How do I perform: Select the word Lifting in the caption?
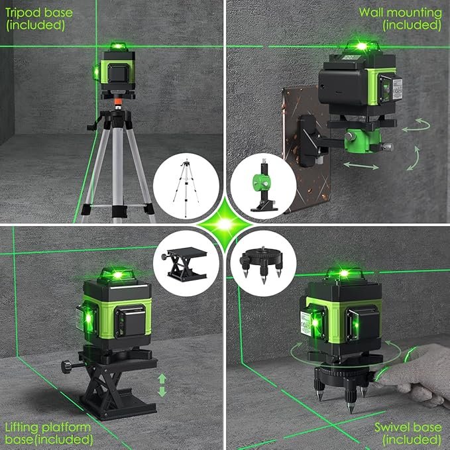[21, 428]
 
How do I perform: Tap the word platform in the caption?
[66, 428]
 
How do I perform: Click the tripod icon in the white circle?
[186, 187]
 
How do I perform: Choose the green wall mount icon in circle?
[264, 187]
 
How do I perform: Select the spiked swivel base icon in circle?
[262, 264]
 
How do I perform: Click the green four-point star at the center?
[225, 225]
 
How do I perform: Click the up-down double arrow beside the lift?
[162, 385]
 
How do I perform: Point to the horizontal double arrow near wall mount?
[361, 165]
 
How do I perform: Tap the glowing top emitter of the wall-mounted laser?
[362, 46]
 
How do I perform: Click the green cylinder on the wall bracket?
[362, 141]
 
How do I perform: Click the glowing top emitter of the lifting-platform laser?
[117, 274]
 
